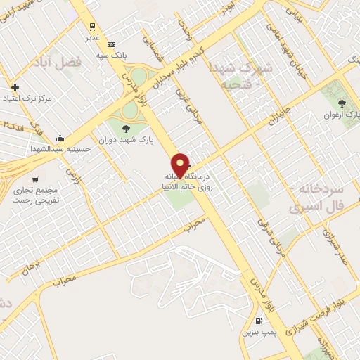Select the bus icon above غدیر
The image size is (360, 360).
[x=92, y=27]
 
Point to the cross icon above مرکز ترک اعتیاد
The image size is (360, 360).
[x=16, y=87]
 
